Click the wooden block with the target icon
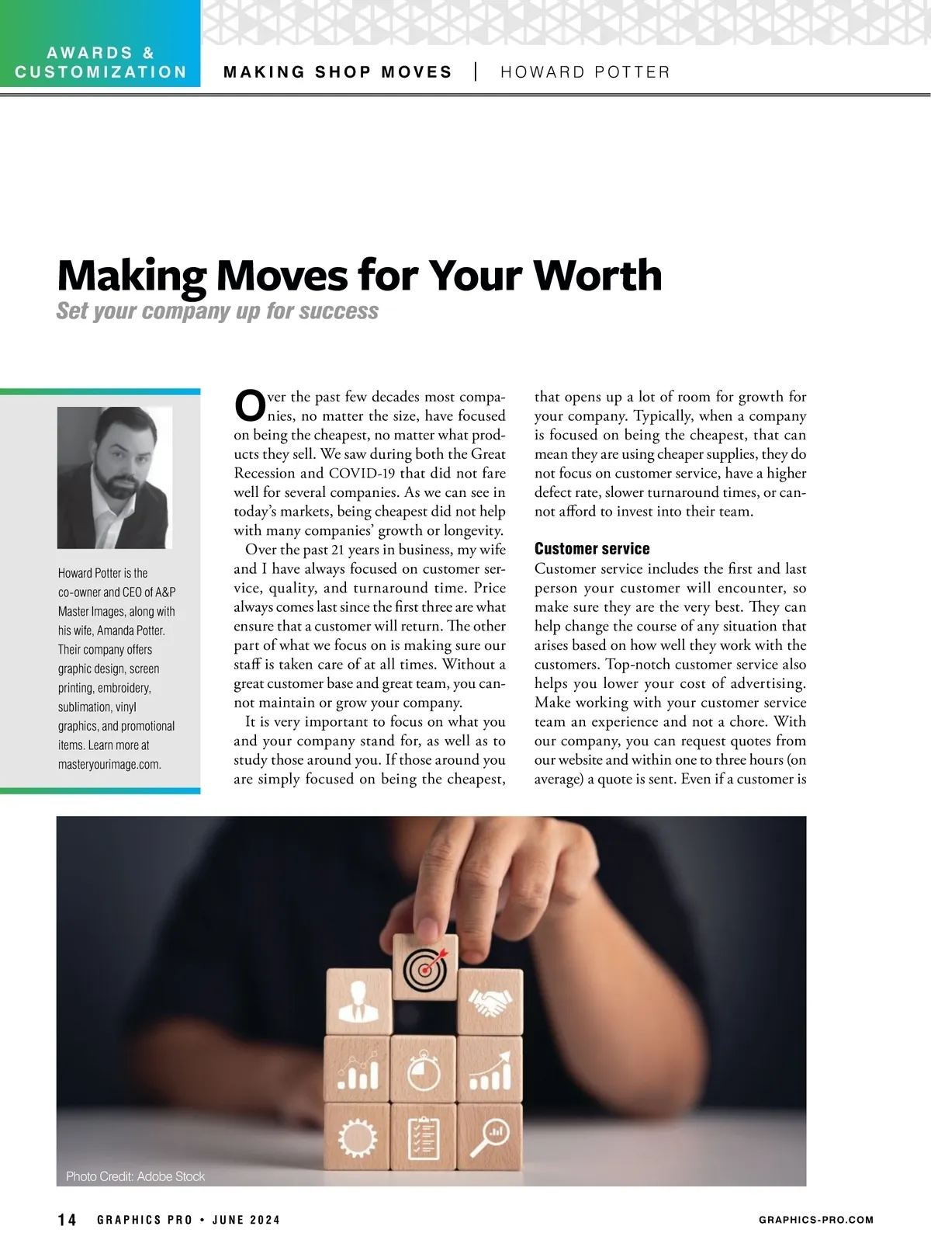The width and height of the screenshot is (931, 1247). coord(425,967)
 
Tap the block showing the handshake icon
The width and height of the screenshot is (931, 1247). coord(490,1002)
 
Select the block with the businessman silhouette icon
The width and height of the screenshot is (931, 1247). coord(358,1002)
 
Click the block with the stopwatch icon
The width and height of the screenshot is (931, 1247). coord(424,1068)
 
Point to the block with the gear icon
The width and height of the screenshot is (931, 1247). coord(357,1136)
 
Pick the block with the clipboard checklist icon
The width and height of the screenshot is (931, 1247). coord(424,1136)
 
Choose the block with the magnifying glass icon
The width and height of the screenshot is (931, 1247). coord(490,1136)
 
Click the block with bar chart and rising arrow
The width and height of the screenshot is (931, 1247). coord(490,1068)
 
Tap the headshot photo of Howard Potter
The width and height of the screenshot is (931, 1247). coord(114,478)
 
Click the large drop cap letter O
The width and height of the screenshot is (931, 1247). coord(249,405)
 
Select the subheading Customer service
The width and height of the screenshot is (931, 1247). coord(592,549)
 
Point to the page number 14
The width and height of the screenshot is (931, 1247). coord(67,1220)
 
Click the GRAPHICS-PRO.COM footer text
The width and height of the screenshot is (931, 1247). coord(816,1220)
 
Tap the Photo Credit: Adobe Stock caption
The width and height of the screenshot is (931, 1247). coord(135,1176)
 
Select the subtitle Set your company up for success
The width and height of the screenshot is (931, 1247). coord(217,311)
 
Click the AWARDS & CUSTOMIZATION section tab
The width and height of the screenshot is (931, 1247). coord(101,63)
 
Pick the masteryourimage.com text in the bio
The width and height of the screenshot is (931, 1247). coord(109,764)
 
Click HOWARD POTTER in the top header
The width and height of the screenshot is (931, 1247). coord(585,72)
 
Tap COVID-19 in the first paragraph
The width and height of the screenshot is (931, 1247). coord(363,474)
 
